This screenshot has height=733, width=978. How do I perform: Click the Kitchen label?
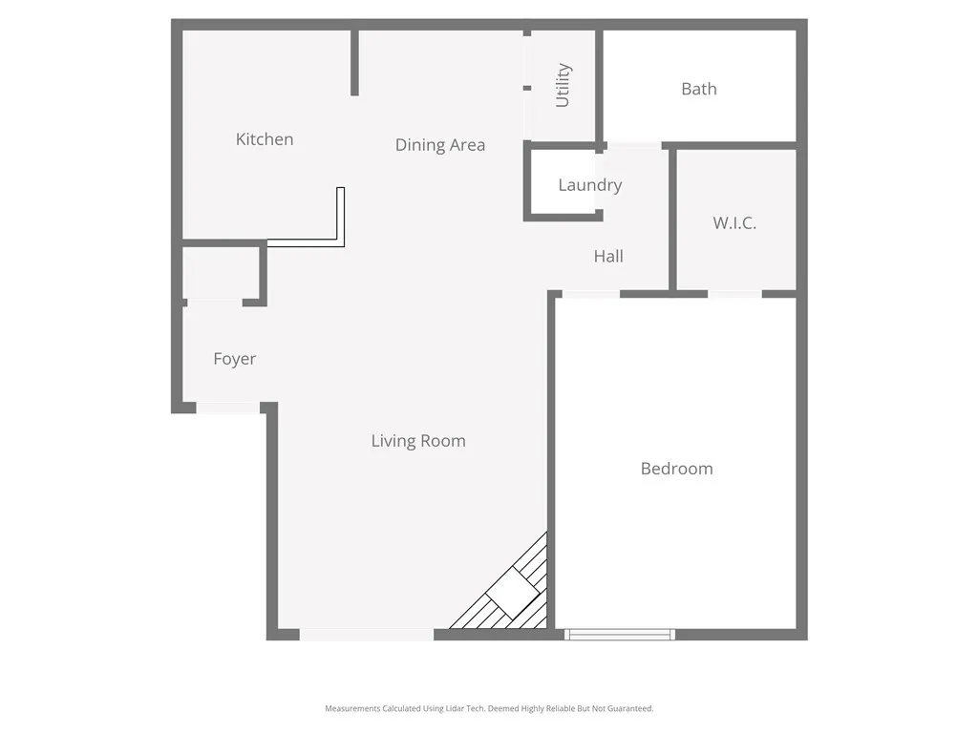point(265,139)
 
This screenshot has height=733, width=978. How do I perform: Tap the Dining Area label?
point(440,145)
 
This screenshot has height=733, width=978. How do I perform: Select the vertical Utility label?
point(563,85)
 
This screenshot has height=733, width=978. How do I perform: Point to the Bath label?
point(699,89)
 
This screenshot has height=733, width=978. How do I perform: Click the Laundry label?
point(589,185)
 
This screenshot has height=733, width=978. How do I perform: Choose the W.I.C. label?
point(734,223)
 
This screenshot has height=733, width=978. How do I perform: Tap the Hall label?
point(608,256)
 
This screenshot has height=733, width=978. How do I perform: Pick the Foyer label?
point(234,359)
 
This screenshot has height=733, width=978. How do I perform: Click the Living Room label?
point(418,441)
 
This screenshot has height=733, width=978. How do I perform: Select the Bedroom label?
point(676,469)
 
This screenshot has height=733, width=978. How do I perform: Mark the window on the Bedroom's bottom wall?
point(620,635)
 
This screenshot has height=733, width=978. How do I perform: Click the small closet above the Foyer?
point(222,274)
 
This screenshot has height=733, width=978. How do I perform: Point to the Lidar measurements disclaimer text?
point(489,708)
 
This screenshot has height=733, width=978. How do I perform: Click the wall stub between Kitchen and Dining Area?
point(354,63)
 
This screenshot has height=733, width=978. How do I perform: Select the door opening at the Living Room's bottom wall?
point(367,635)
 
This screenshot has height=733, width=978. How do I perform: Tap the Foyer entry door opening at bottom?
point(228,408)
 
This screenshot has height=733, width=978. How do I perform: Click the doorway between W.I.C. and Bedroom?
point(734,294)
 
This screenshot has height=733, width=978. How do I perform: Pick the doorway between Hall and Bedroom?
point(590,294)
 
